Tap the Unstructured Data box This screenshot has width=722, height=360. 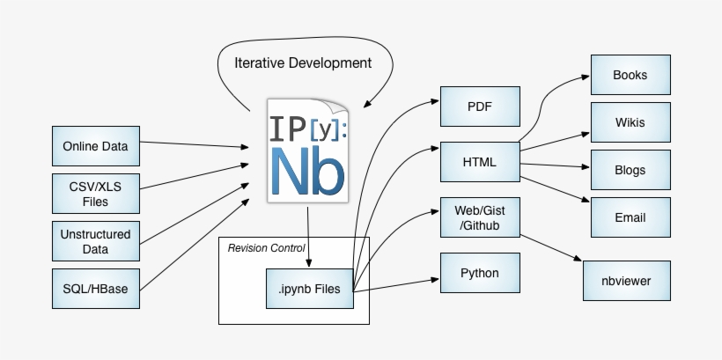96,242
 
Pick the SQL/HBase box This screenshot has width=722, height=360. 96,289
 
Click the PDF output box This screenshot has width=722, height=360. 480,107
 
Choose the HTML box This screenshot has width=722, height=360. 480,162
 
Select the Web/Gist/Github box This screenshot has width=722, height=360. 480,218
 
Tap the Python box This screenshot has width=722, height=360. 480,273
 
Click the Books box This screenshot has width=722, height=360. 630,76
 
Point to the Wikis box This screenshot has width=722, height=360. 630,122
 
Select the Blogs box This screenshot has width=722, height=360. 630,170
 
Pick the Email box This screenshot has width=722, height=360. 630,217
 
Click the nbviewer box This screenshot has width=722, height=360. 630,282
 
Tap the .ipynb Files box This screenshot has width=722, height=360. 309,288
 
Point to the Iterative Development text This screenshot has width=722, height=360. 303,63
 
